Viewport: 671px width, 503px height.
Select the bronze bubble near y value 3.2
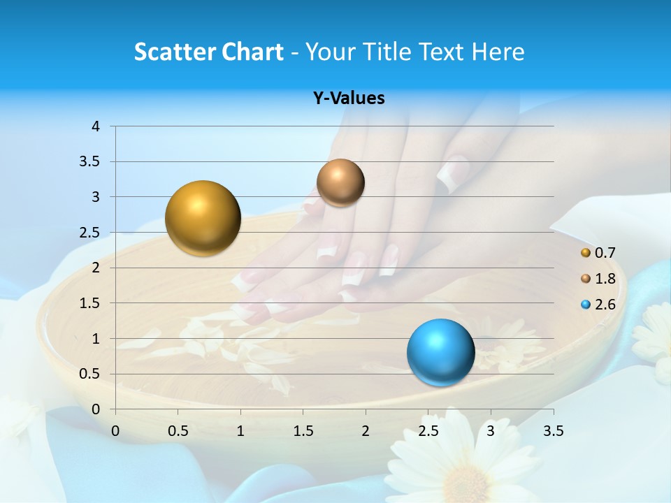point(340,183)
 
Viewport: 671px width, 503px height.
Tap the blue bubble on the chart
point(440,352)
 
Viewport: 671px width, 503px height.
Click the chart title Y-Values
point(348,99)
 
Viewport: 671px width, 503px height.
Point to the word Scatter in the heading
point(175,52)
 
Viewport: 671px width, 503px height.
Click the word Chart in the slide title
point(252,52)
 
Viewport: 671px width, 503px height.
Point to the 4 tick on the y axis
point(96,126)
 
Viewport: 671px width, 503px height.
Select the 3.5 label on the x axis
point(553,431)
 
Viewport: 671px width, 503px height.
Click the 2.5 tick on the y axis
point(89,233)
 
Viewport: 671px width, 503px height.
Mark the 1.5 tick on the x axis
point(303,431)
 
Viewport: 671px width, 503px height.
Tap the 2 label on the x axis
point(366,431)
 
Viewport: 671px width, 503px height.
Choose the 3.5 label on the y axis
point(89,162)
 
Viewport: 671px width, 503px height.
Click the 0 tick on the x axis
point(115,431)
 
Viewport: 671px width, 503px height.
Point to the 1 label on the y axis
point(96,339)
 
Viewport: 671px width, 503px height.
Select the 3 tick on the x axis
point(491,431)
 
